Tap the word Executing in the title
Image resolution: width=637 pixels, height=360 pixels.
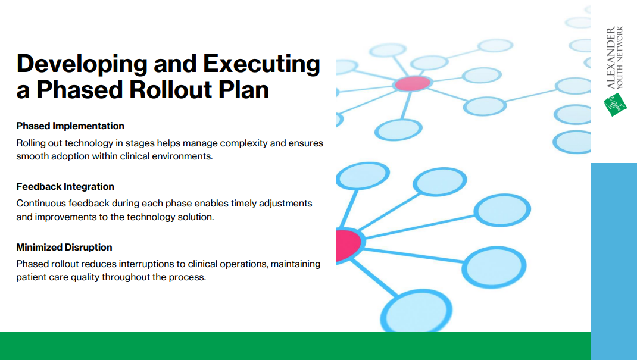pos(261,65)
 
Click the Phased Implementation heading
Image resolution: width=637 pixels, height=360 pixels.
pos(70,126)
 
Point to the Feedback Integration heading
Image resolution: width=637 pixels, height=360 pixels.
pos(65,187)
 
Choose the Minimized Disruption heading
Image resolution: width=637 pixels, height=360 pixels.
pos(64,247)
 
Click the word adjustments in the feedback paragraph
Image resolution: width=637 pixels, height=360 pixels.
pos(285,204)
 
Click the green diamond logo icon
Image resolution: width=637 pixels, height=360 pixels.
pos(615,104)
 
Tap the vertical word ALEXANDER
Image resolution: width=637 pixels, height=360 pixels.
pos(611,58)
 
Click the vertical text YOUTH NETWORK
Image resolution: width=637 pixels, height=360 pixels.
pos(620,58)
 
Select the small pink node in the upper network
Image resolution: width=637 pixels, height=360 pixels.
pos(413,84)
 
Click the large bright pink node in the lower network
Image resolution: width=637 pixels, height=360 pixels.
pos(348,245)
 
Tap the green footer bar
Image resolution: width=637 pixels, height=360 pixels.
pos(295,346)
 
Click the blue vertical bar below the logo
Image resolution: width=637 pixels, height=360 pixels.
pos(613,261)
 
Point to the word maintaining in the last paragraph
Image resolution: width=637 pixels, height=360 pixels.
pos(295,264)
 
